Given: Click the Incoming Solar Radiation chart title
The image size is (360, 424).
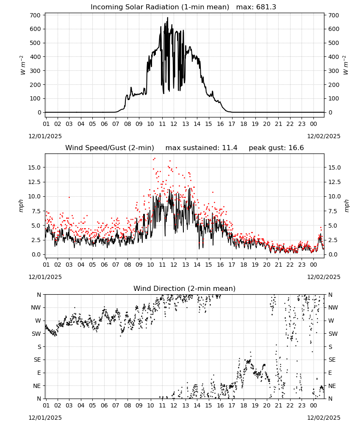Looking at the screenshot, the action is click(x=160, y=7).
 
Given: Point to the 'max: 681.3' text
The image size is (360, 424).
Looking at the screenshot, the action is click(x=256, y=7).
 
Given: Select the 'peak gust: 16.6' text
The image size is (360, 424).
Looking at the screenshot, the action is click(x=276, y=148).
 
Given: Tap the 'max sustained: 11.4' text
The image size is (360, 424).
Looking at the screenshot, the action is click(x=201, y=148).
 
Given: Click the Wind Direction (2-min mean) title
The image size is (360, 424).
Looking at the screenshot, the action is click(x=185, y=288).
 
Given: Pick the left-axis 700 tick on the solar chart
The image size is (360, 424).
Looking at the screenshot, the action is click(x=36, y=15).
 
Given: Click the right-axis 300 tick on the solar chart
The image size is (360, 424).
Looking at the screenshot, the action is click(x=334, y=71).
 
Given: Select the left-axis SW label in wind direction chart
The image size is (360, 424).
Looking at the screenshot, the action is click(x=36, y=334).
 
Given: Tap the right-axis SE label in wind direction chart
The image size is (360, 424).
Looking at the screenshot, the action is click(x=332, y=360).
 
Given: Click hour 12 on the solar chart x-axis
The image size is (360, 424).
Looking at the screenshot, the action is click(x=174, y=124).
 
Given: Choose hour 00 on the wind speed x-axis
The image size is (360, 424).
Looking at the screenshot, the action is click(x=313, y=265).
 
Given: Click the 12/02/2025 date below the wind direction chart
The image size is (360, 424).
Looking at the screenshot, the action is click(x=324, y=418).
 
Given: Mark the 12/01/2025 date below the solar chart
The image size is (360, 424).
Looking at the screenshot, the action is click(x=45, y=136).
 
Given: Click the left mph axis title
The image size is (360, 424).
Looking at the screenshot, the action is click(x=21, y=206).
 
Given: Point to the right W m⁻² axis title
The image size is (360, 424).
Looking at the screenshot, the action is click(x=346, y=65).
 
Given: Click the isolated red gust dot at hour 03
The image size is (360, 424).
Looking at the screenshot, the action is click(x=69, y=197).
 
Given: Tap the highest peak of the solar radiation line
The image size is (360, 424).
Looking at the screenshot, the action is click(x=167, y=17).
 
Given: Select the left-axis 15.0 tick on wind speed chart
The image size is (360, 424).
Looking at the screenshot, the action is click(x=34, y=167).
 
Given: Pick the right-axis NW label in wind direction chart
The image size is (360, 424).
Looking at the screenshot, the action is click(x=333, y=307).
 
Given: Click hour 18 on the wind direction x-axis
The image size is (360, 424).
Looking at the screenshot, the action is click(x=244, y=406).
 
